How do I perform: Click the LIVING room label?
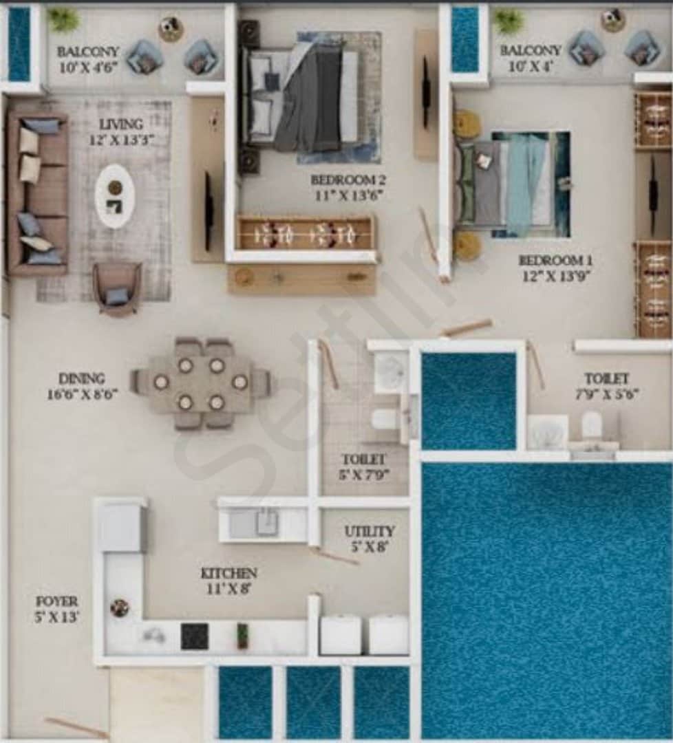(121, 124)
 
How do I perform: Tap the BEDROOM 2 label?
(348, 180)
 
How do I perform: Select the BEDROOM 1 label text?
(556, 260)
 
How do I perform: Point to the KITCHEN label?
(229, 573)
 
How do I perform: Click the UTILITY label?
(370, 532)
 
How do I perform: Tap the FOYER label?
(57, 601)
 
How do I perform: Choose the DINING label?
(81, 378)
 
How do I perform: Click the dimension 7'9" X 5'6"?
(607, 394)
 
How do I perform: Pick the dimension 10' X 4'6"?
(89, 67)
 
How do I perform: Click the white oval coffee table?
(115, 196)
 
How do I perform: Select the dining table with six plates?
(200, 384)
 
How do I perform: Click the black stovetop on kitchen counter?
(194, 636)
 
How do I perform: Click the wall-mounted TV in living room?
(208, 211)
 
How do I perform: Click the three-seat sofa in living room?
(38, 194)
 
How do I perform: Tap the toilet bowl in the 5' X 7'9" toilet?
(383, 419)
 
